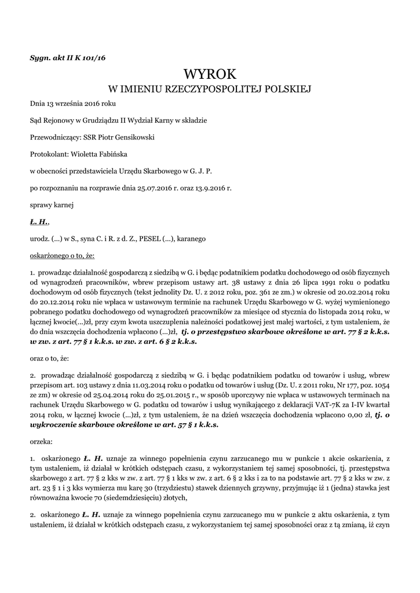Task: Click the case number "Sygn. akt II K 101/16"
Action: pos(67,57)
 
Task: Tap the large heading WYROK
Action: pos(210,74)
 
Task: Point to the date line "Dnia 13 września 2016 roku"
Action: pos(72,104)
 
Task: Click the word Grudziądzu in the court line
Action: pos(94,120)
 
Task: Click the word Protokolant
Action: pos(49,154)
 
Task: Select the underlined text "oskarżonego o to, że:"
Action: pos(62,255)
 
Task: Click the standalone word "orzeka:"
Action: pos(41,441)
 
